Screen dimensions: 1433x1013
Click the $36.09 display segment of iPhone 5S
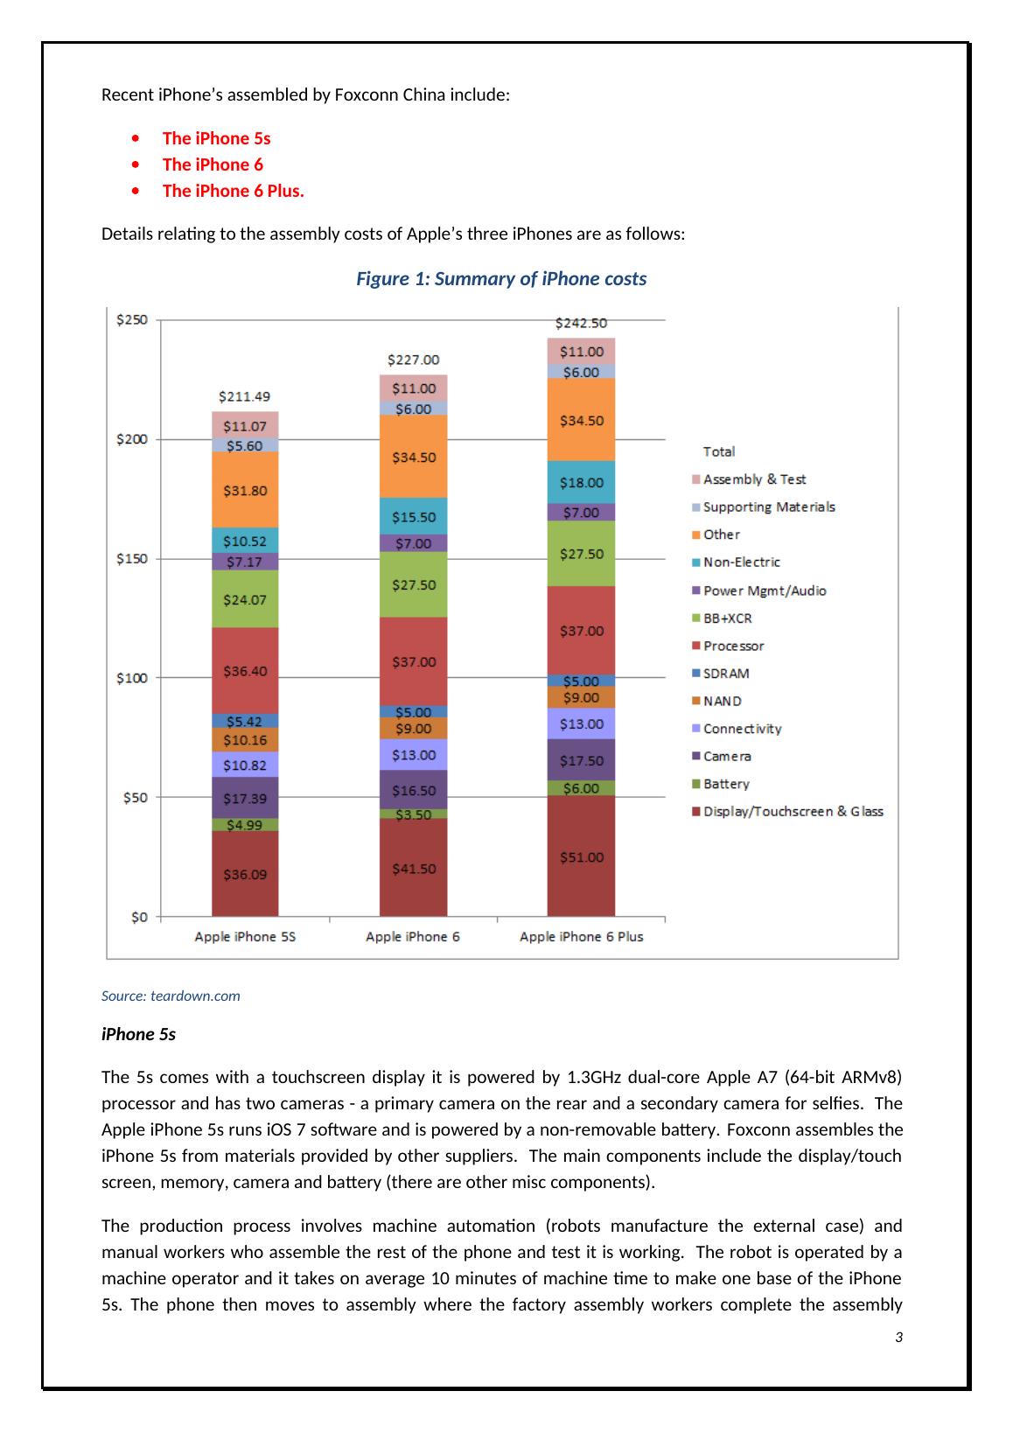[x=245, y=874]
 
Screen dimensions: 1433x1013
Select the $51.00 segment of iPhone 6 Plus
[x=581, y=857]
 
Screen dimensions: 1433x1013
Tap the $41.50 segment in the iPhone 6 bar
[x=413, y=869]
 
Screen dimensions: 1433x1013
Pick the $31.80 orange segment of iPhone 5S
[x=245, y=490]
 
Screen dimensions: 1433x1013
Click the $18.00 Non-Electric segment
[x=581, y=482]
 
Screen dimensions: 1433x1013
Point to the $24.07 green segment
[x=245, y=600]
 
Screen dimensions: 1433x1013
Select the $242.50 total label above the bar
[x=581, y=323]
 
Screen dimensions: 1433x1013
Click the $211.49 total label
[x=245, y=396]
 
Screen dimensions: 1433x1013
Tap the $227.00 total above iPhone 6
[x=413, y=360]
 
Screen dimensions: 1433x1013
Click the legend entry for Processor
[x=733, y=646]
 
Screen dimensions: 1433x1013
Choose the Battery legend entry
[x=726, y=784]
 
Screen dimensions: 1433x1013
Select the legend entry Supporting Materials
[x=768, y=507]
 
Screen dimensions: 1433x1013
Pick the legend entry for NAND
[x=722, y=701]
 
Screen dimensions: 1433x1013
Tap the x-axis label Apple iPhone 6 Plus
[x=581, y=937]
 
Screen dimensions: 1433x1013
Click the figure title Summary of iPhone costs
[x=501, y=279]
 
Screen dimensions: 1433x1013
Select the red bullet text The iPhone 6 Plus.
[x=233, y=191]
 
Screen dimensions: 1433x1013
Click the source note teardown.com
[x=171, y=996]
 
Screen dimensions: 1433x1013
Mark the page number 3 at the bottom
[x=898, y=1338]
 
